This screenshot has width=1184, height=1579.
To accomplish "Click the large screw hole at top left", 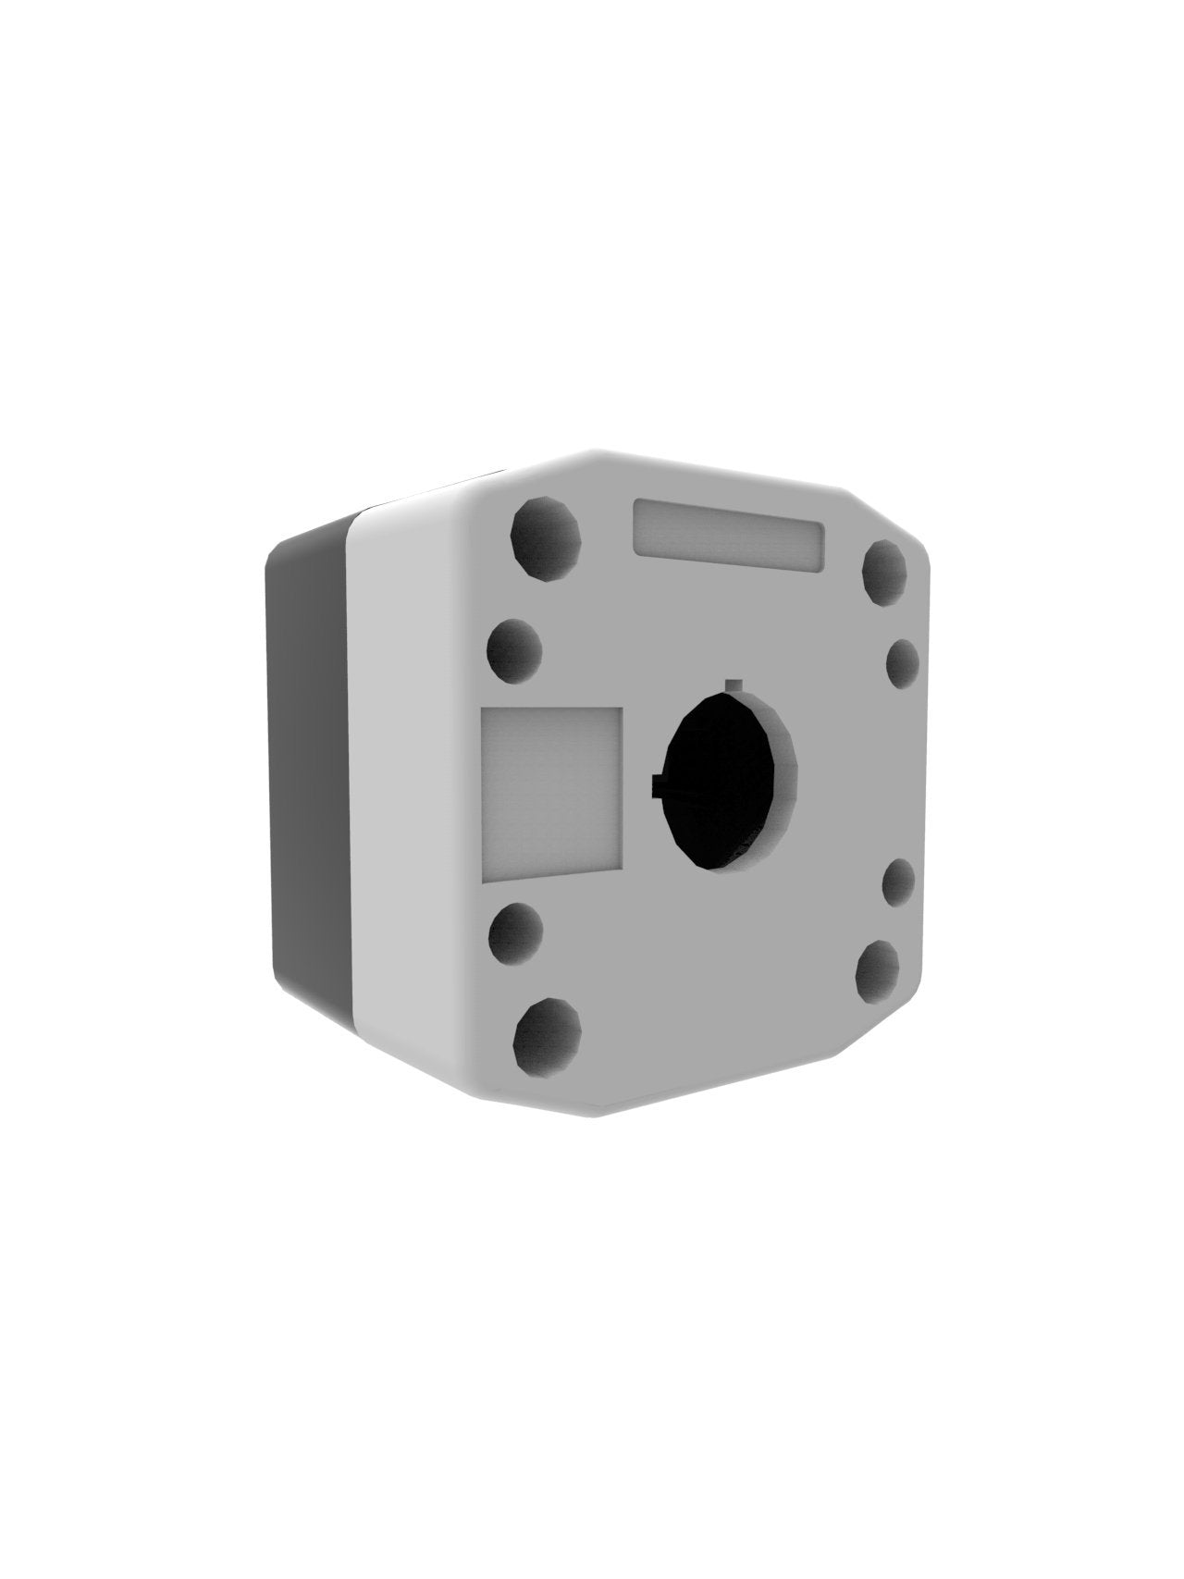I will [546, 533].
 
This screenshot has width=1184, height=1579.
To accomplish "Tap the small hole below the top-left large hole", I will [514, 651].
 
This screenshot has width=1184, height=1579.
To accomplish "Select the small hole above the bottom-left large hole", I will [514, 934].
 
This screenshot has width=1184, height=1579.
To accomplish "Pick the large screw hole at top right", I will [884, 572].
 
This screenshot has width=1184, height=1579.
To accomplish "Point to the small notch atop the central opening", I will [734, 685].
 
